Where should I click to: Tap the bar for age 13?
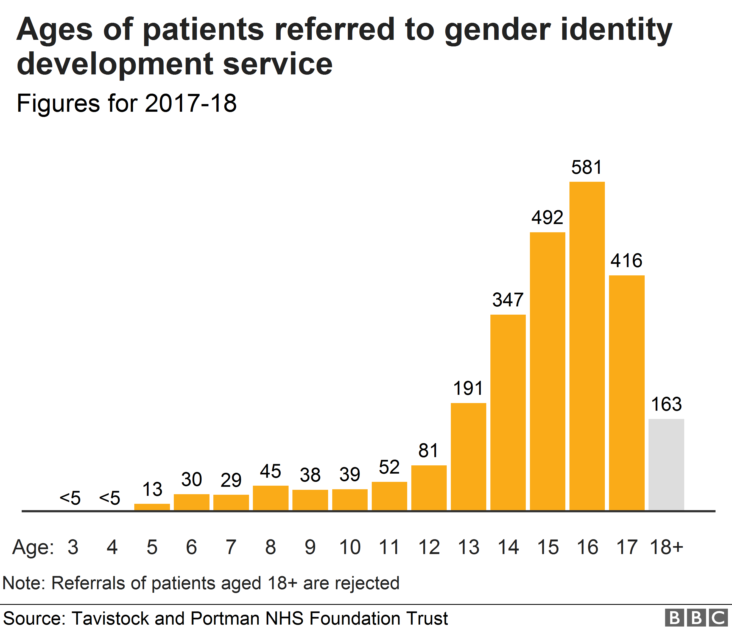(468, 456)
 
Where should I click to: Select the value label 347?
(508, 300)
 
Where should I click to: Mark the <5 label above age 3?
(70, 498)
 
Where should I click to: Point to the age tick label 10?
(350, 547)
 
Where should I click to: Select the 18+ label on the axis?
(666, 547)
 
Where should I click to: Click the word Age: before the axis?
(33, 548)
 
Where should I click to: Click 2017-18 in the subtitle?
(191, 103)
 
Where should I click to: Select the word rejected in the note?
(367, 583)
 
